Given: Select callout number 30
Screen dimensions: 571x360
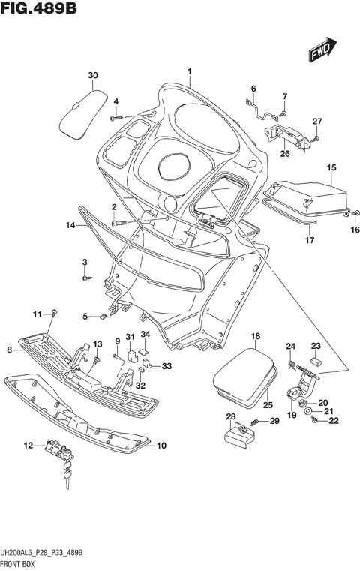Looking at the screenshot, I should (x=93, y=76).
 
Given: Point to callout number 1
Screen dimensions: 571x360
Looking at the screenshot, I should (x=190, y=73).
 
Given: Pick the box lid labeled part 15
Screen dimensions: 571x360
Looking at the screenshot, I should (x=307, y=194).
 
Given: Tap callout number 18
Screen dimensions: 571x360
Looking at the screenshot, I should (x=255, y=337).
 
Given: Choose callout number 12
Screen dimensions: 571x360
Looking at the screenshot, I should (x=28, y=446).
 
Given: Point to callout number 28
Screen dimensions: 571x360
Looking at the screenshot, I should (x=230, y=416).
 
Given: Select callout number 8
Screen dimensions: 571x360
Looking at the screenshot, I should (x=9, y=350).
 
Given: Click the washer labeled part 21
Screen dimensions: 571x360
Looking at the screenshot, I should (x=310, y=412).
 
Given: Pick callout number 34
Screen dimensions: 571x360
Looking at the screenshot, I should (x=145, y=335).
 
